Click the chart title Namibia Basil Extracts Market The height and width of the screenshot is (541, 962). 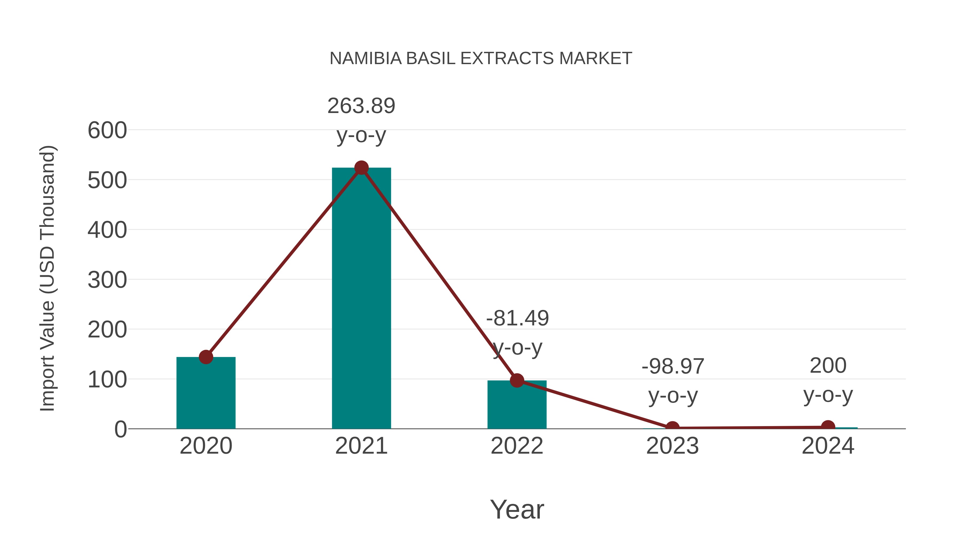pyautogui.click(x=481, y=59)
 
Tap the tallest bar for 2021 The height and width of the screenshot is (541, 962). pyautogui.click(x=361, y=299)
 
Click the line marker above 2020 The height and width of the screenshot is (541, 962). pyautogui.click(x=206, y=357)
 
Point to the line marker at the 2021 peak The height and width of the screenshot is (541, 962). pyautogui.click(x=361, y=168)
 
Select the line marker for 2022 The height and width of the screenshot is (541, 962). pyautogui.click(x=517, y=380)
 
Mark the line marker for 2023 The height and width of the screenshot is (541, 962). pyautogui.click(x=672, y=427)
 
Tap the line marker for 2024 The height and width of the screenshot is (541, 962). pyautogui.click(x=828, y=426)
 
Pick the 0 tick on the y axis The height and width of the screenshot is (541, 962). pyautogui.click(x=120, y=429)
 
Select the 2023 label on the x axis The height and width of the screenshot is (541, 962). pyautogui.click(x=672, y=446)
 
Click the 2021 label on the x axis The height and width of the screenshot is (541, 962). pyautogui.click(x=361, y=446)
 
